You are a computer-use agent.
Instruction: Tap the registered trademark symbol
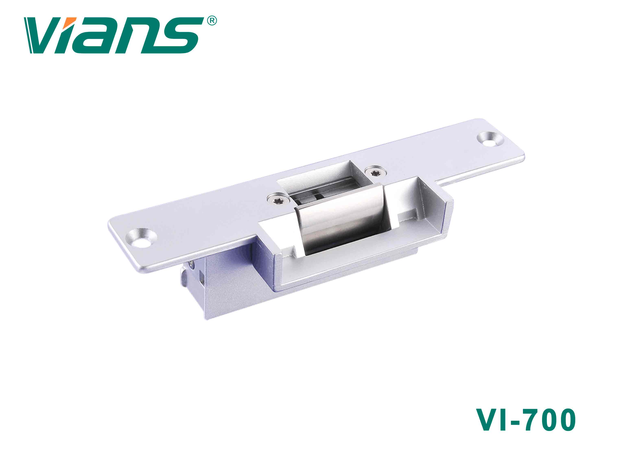(212, 21)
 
